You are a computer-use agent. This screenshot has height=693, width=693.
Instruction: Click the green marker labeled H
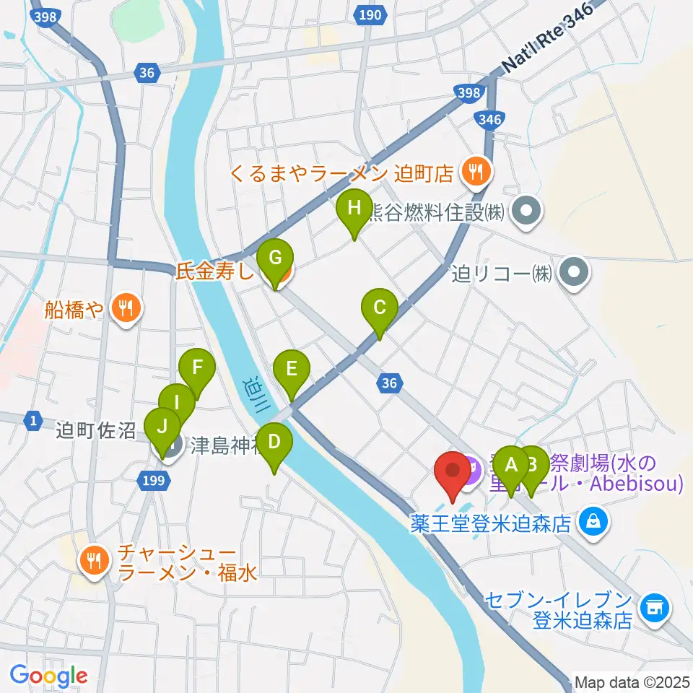point(354,210)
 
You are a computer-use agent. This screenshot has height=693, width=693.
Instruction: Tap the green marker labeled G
point(275,258)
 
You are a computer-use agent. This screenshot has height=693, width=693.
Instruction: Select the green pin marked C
point(379,308)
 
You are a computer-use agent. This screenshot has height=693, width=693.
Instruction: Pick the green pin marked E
point(292,370)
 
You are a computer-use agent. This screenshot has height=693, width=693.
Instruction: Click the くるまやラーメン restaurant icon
point(476,172)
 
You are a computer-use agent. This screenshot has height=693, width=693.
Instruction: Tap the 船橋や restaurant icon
point(127,308)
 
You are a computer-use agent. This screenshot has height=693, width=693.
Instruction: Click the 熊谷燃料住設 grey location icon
point(526,212)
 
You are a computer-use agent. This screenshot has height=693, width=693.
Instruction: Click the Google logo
point(48,676)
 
